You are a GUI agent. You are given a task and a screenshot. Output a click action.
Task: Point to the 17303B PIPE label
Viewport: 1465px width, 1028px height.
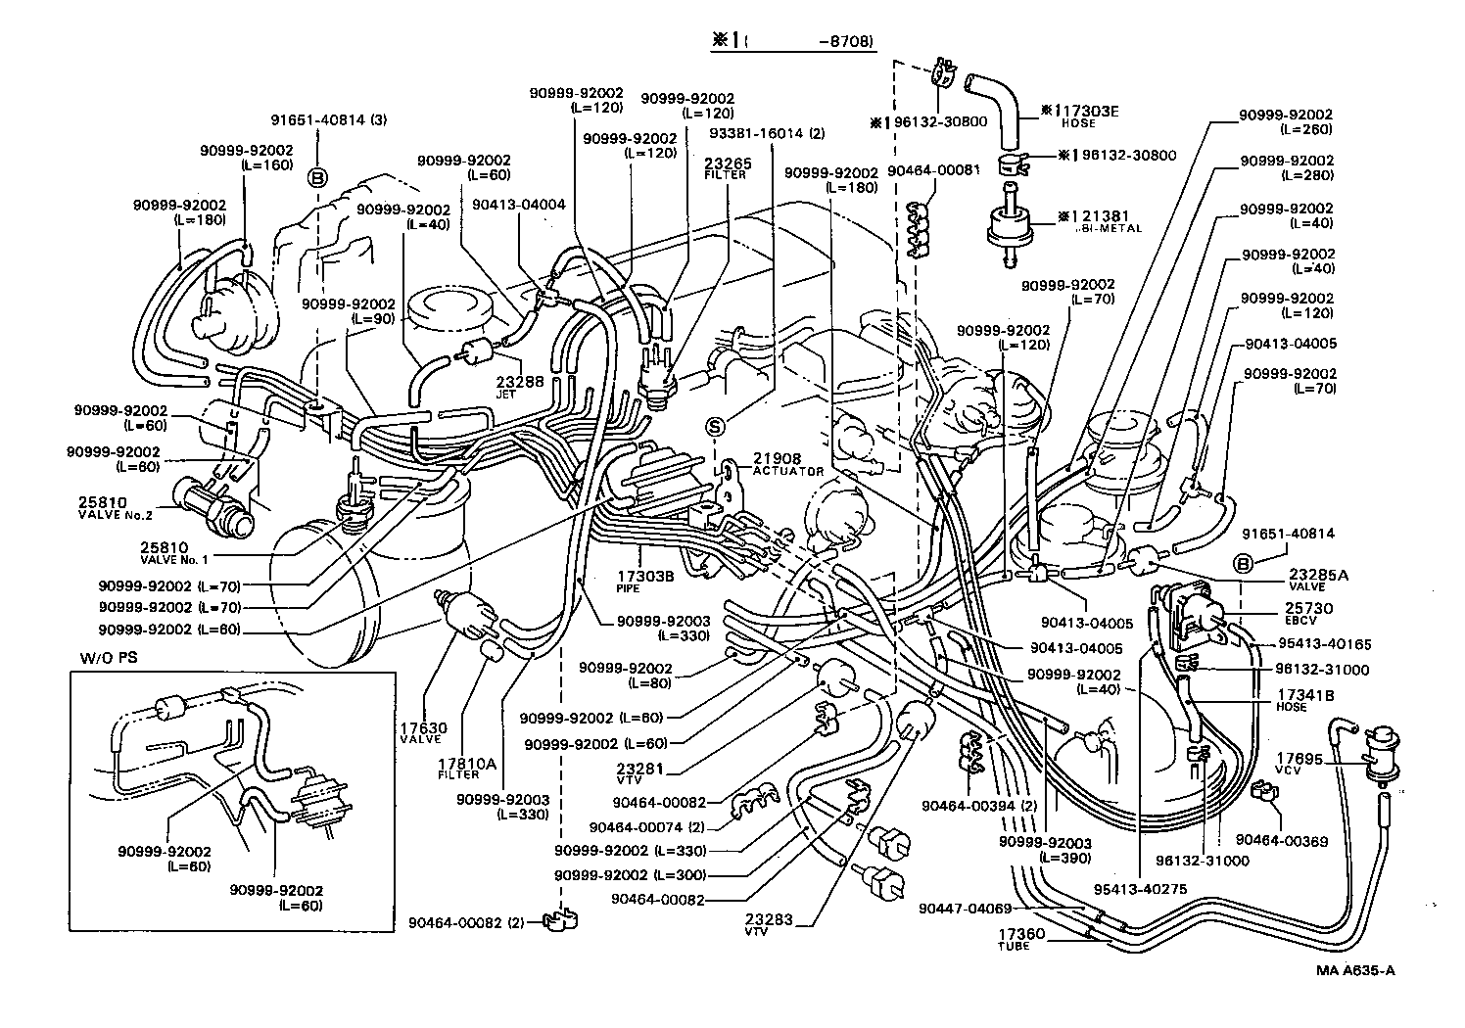pyautogui.click(x=645, y=581)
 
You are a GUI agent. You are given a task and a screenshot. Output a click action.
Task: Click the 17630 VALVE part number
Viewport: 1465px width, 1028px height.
pyautogui.click(x=423, y=733)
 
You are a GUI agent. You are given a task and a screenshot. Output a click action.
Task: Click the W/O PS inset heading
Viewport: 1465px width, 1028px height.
pyautogui.click(x=102, y=658)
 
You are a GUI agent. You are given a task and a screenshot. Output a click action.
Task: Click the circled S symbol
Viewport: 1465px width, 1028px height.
pyautogui.click(x=716, y=426)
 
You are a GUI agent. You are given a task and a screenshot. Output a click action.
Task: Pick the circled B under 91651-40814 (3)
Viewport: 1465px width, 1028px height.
pyautogui.click(x=318, y=178)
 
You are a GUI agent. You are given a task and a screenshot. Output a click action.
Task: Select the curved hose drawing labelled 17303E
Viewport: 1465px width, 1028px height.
pyautogui.click(x=991, y=98)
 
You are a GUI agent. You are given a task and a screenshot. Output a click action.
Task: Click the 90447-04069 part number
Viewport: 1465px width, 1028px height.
pyautogui.click(x=965, y=910)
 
